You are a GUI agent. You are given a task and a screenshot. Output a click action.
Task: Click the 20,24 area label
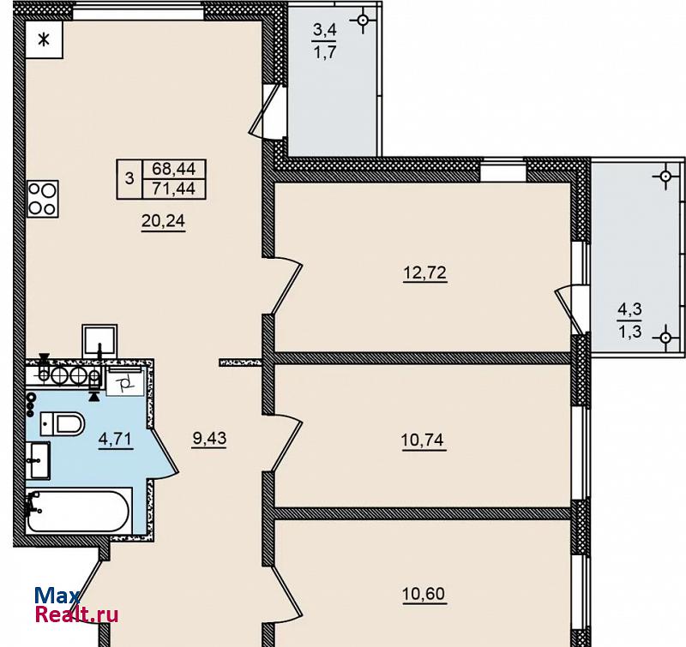click(163, 221)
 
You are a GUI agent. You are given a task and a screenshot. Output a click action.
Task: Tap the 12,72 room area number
click(424, 273)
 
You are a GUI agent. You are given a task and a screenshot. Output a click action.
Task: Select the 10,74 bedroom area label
click(423, 440)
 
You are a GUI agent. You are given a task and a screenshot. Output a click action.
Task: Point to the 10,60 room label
click(424, 594)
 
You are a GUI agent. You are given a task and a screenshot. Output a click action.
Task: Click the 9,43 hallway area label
click(209, 438)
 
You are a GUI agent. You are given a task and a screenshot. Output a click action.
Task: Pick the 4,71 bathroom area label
click(116, 439)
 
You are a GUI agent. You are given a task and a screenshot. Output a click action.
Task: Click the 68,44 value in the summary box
click(174, 168)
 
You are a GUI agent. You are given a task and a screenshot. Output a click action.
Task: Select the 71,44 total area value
click(174, 189)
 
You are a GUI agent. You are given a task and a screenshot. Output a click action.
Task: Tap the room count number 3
click(129, 179)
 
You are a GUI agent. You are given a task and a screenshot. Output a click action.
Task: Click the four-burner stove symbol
click(42, 200)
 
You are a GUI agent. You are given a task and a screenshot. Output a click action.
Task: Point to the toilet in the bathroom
click(62, 423)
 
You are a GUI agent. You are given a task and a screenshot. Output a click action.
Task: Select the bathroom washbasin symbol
click(38, 460)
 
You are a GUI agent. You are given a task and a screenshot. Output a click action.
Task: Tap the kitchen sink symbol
click(99, 341)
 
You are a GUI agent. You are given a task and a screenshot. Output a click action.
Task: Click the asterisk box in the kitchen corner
click(44, 39)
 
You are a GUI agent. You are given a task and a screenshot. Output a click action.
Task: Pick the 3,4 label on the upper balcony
click(325, 30)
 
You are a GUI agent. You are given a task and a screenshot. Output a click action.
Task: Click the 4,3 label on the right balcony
click(629, 309)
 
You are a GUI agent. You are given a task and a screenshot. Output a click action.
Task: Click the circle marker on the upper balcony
click(363, 20)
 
